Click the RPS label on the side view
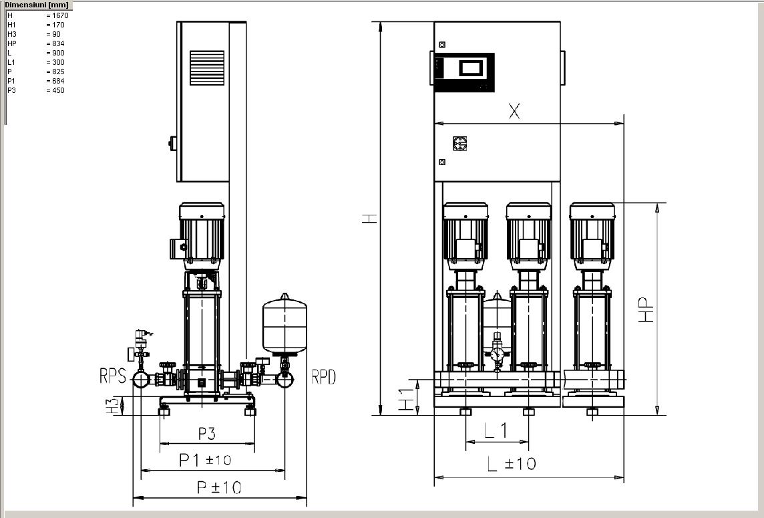(113, 376)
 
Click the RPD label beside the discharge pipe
(323, 376)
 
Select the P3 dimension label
(206, 434)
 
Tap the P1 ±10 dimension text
(204, 459)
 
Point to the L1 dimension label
(496, 430)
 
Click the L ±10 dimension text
(512, 463)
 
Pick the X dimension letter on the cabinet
(514, 111)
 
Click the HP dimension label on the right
(646, 310)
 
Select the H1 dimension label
(406, 400)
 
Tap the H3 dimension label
(112, 406)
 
